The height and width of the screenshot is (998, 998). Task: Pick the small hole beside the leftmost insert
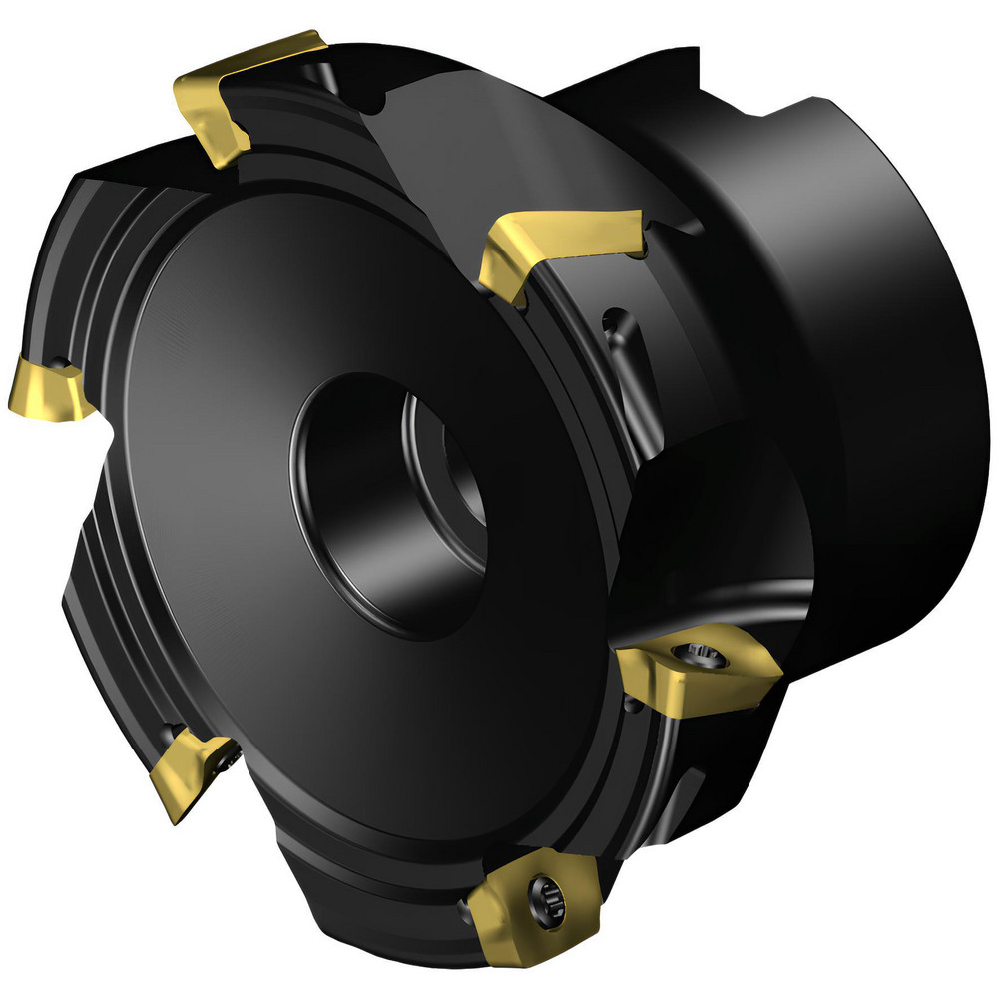(62, 361)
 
